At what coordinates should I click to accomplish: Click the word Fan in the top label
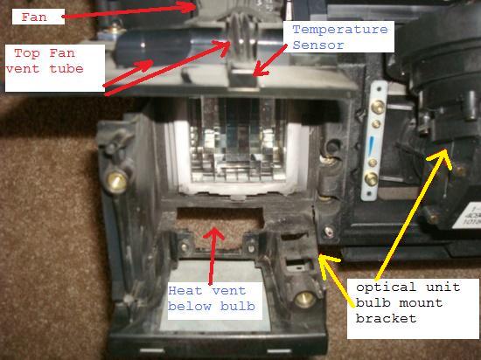pyautogui.click(x=34, y=17)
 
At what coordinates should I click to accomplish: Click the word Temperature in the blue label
pyautogui.click(x=340, y=30)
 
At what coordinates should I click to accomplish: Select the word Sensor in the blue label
pyautogui.click(x=318, y=45)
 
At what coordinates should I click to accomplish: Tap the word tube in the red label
pyautogui.click(x=66, y=69)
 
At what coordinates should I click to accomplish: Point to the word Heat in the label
pyautogui.click(x=185, y=290)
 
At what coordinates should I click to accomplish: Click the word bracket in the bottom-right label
pyautogui.click(x=386, y=318)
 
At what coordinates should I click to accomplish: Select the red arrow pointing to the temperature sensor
pyautogui.click(x=269, y=59)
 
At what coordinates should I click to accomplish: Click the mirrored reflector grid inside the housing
pyautogui.click(x=237, y=140)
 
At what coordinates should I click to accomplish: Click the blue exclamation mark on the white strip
pyautogui.click(x=371, y=146)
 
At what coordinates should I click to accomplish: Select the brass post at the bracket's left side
pyautogui.click(x=116, y=182)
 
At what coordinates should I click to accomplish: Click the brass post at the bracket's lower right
pyautogui.click(x=305, y=299)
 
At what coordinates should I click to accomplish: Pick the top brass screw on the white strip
pyautogui.click(x=378, y=107)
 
